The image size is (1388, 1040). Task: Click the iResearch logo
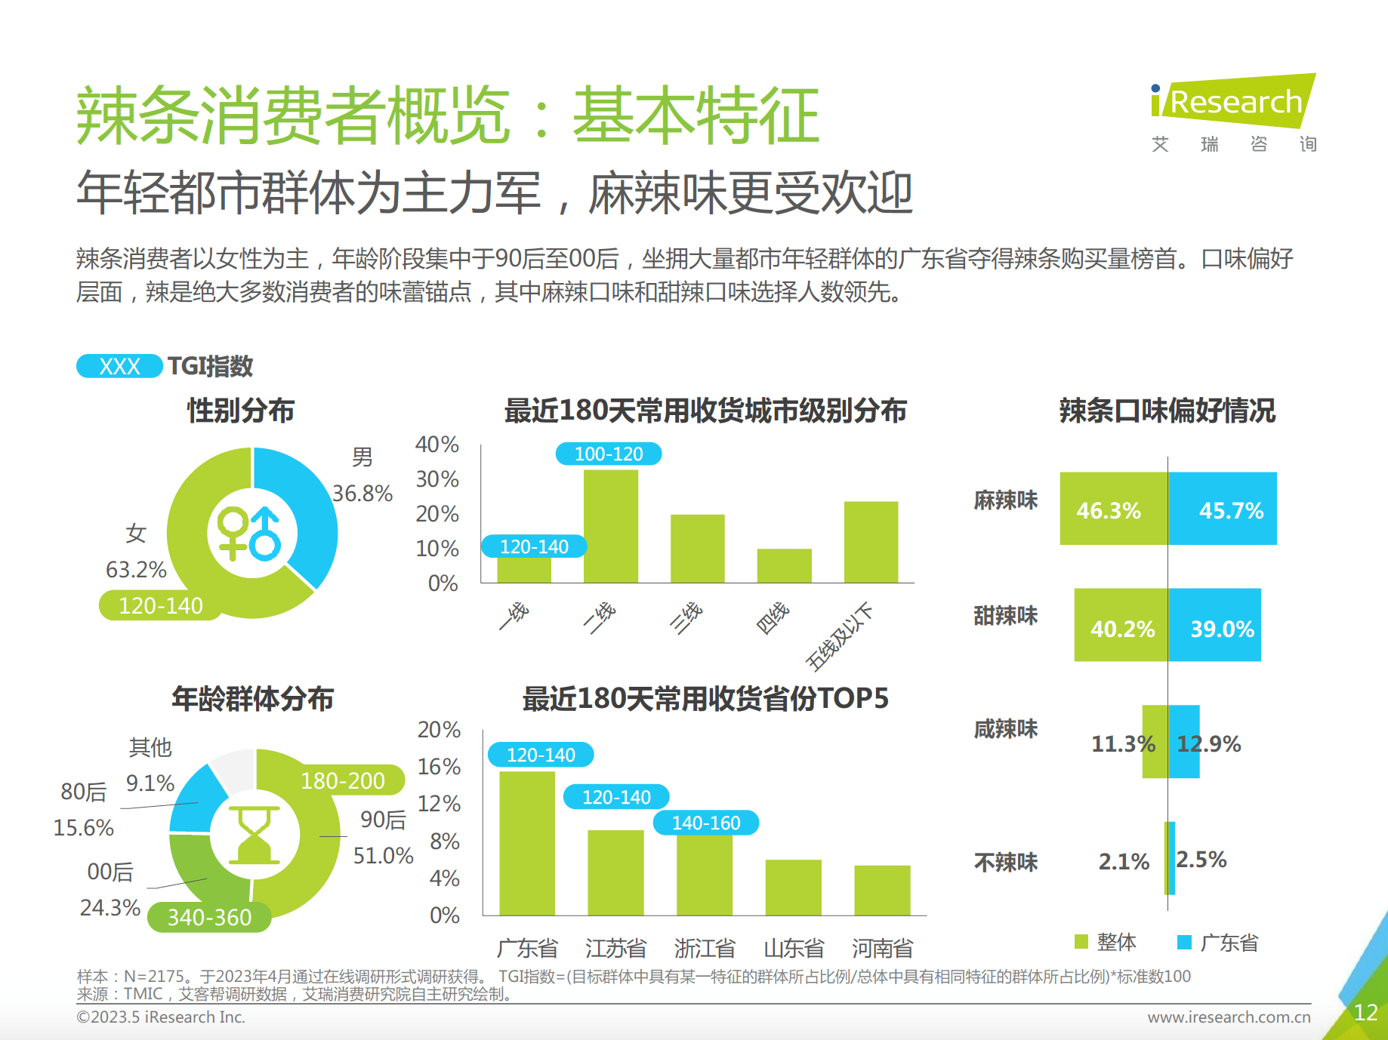tap(1232, 102)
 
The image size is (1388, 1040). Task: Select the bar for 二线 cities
tap(610, 526)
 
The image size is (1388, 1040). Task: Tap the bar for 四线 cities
tap(784, 565)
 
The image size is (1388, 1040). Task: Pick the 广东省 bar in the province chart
tap(527, 843)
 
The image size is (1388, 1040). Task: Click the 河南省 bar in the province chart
tap(882, 890)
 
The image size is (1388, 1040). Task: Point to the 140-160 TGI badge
tap(705, 823)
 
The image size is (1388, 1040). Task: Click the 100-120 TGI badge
tap(609, 454)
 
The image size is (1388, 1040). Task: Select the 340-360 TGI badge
tap(209, 917)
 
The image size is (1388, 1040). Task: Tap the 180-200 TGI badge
tap(343, 780)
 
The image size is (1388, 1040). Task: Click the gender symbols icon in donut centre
tap(249, 534)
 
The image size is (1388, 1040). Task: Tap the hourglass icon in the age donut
tap(254, 835)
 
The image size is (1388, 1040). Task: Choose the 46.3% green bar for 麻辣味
tap(1113, 509)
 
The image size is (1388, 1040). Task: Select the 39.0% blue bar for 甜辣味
tap(1214, 625)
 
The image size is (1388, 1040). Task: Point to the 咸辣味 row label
tap(1005, 729)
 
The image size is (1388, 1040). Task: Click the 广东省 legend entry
tap(1218, 942)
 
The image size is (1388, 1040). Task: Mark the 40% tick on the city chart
tap(436, 445)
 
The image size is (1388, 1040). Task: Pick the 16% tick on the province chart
tap(439, 767)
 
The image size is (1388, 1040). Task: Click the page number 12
tap(1365, 1012)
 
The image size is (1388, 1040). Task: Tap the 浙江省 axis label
tap(705, 948)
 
